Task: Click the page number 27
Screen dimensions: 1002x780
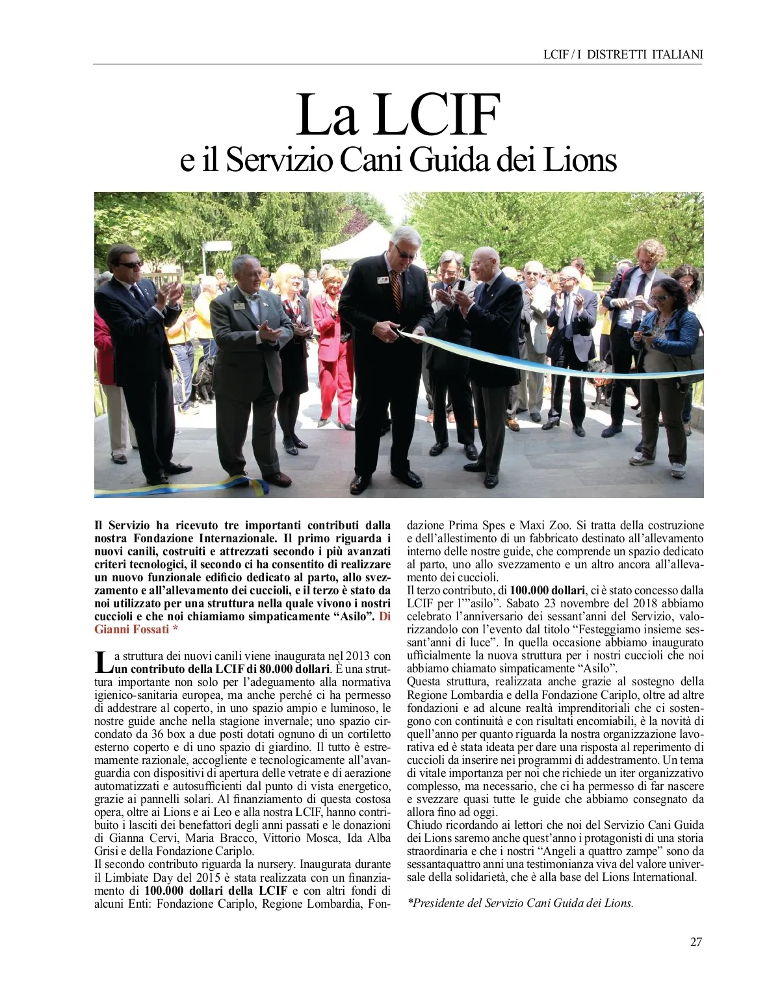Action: click(x=695, y=942)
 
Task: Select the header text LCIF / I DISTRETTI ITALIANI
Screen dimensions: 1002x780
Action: click(x=623, y=55)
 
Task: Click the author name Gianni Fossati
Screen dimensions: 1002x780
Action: click(x=134, y=630)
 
